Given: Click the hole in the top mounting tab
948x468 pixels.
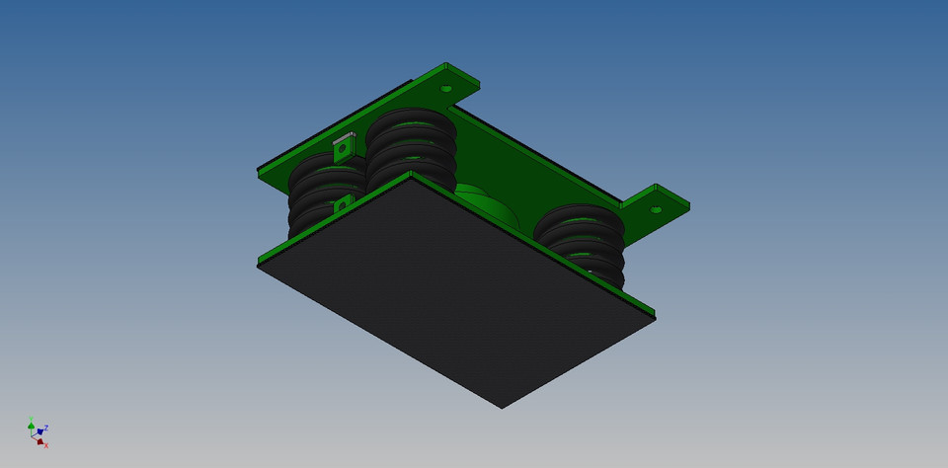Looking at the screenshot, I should coord(446,89).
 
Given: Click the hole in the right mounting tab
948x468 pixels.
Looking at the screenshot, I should coord(656,209).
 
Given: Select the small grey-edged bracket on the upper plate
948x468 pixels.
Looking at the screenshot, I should coord(343,148).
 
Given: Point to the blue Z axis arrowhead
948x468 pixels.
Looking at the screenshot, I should coord(39,431).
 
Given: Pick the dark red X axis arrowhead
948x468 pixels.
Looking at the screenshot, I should coord(39,441).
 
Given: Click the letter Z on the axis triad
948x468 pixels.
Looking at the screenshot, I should coord(46,428).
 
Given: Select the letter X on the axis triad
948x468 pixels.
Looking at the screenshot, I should coord(46,446).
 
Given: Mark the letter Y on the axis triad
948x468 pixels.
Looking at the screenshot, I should coord(32,419).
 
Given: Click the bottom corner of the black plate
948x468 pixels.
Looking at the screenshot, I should coord(502,407).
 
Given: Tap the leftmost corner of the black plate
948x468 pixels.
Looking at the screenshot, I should coord(259,265).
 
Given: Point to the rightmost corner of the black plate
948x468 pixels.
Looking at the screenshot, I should coord(655,318).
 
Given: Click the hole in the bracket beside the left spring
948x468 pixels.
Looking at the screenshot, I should coord(341,205).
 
